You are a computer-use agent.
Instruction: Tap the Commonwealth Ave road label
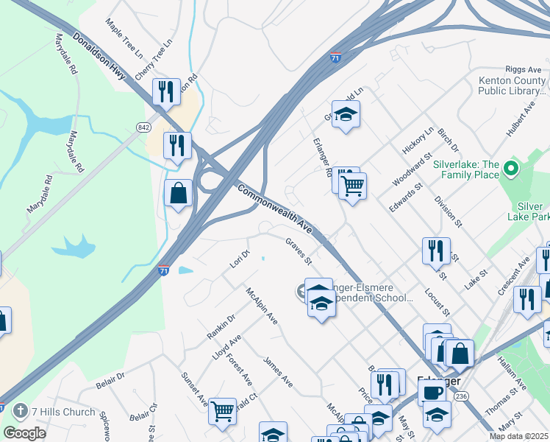click(276, 210)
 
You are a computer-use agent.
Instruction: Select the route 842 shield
click(143, 127)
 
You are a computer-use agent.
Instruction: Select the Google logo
click(24, 433)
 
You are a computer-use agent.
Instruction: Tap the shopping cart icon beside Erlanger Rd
click(353, 185)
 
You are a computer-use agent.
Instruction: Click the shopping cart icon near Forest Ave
click(222, 410)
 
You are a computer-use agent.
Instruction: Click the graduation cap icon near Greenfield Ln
click(345, 113)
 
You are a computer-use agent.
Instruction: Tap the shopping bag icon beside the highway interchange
click(179, 193)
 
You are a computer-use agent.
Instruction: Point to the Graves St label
click(299, 251)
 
